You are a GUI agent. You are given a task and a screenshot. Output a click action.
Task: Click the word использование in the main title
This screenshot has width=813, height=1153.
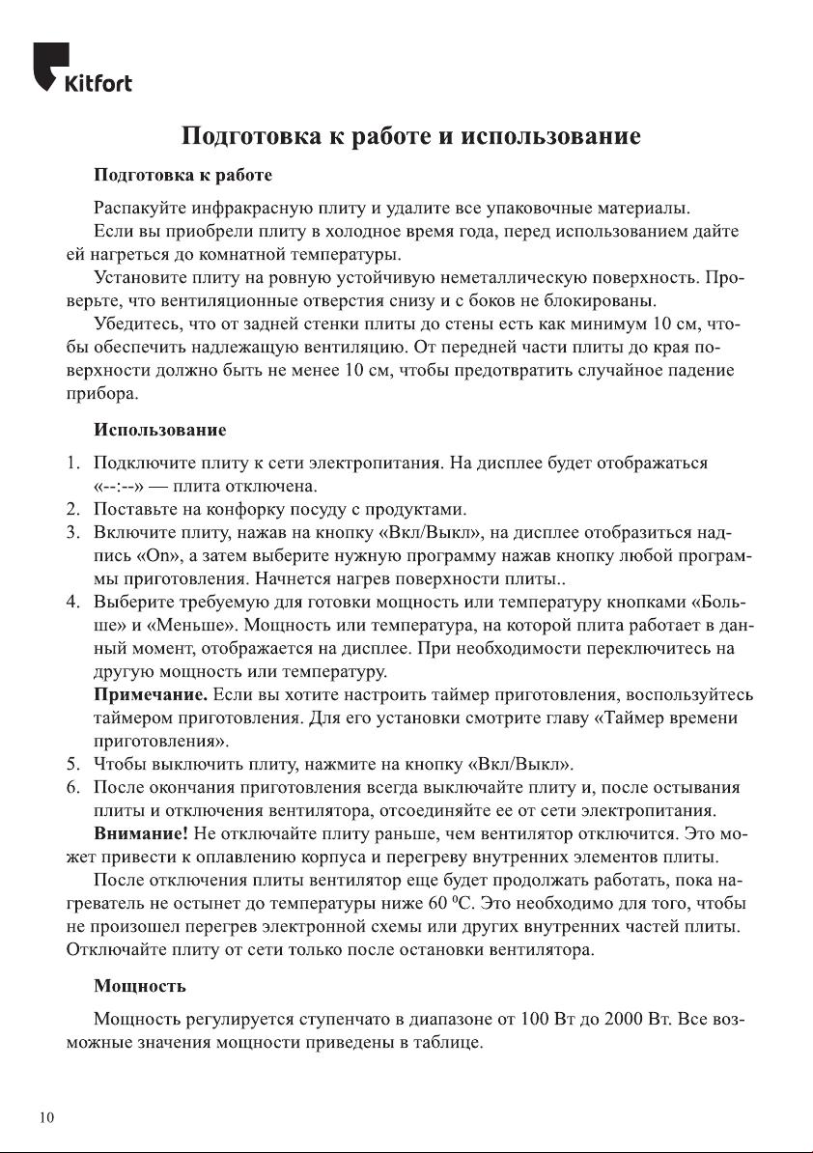coord(551,136)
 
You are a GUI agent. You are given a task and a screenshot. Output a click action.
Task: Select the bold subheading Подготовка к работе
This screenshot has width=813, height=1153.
coord(182,177)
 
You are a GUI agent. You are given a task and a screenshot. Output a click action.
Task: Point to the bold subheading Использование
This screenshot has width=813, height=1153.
coord(159,427)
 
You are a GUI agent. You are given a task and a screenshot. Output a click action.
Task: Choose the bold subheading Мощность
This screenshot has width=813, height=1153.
coord(140,987)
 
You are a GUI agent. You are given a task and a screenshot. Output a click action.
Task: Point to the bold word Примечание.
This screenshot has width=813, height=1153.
coord(151,695)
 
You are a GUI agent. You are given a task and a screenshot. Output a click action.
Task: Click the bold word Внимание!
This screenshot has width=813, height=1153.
coord(141,833)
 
